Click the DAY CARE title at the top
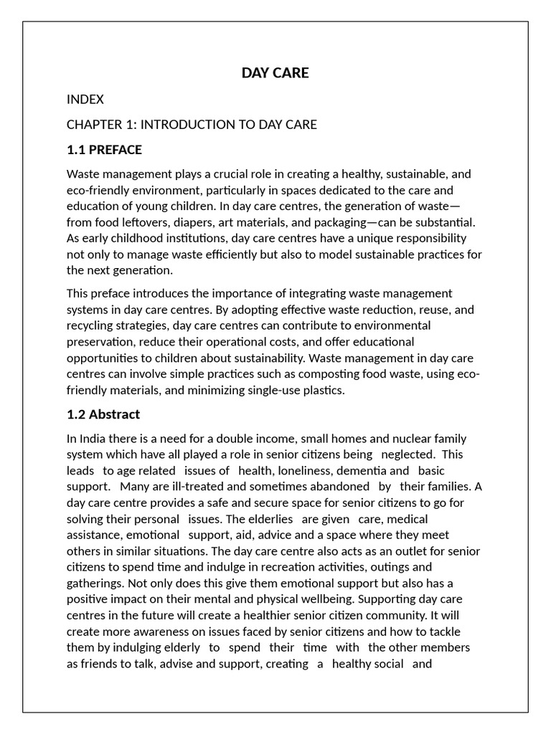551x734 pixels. pos(275,73)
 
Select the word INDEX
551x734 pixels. pos(85,100)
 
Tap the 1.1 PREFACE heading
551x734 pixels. pos(104,150)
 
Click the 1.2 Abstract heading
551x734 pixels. pos(103,414)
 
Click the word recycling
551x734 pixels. pos(90,326)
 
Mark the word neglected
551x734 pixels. pos(408,454)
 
